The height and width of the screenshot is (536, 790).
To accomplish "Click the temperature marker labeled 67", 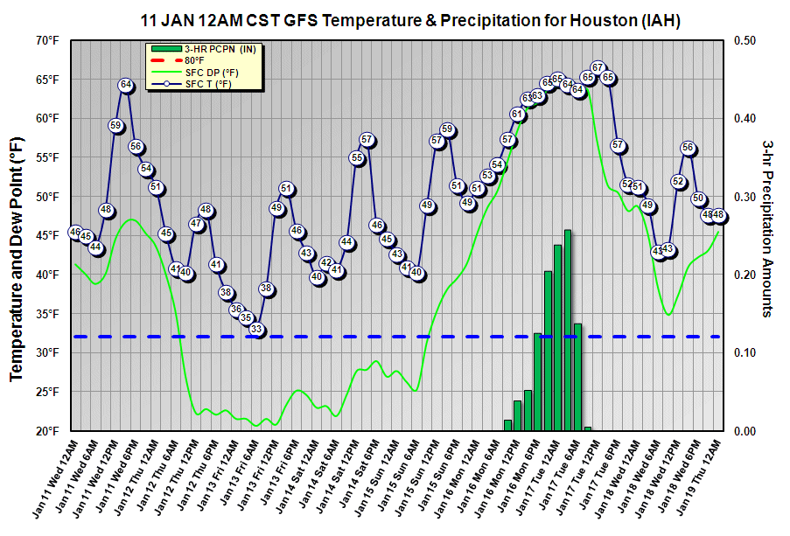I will click(x=598, y=67).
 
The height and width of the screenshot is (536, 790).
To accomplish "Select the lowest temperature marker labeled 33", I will click(x=256, y=330).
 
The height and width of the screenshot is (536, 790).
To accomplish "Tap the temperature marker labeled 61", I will click(x=517, y=114).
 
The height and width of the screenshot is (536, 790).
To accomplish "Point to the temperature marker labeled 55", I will click(x=357, y=157).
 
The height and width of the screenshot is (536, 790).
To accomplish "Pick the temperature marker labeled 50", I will click(x=698, y=198).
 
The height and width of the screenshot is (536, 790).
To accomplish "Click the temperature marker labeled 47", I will click(x=197, y=225).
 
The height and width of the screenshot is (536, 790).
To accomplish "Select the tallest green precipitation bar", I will click(x=568, y=330).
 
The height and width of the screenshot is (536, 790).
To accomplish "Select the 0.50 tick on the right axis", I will click(x=738, y=40).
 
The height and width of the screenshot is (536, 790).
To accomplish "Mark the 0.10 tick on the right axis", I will click(x=738, y=352).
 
